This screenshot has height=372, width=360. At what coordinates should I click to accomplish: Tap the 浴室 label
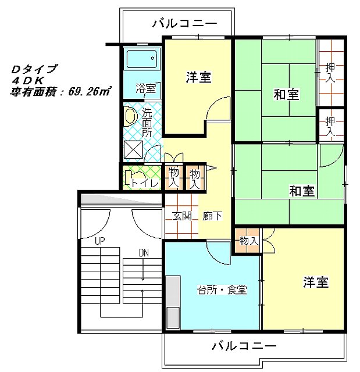[x=146, y=88]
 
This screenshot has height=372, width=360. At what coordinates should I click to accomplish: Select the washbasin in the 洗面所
[x=130, y=116]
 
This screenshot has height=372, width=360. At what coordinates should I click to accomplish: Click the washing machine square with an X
[x=134, y=149]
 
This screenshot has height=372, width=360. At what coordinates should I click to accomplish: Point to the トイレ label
[x=144, y=183]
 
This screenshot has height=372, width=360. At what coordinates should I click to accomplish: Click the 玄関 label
[x=181, y=216]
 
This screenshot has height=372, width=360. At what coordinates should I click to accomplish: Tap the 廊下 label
[x=212, y=216]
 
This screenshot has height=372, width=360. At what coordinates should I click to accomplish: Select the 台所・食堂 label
[x=222, y=289]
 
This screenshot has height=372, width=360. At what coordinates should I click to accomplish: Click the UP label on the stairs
[x=99, y=241]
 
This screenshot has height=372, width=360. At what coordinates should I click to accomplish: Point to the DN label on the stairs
[x=144, y=253]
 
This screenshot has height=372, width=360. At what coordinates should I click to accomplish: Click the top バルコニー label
[x=184, y=23]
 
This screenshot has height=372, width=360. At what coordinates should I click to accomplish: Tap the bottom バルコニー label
[x=244, y=346]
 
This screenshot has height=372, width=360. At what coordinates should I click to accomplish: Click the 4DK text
[x=28, y=81]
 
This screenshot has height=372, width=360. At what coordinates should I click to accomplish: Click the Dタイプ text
[x=34, y=69]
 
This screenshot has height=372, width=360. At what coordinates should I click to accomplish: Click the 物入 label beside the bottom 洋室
[x=248, y=241]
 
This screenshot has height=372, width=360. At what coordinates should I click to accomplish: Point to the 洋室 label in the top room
[x=198, y=77]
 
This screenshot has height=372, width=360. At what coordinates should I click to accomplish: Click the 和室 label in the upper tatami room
[x=286, y=94]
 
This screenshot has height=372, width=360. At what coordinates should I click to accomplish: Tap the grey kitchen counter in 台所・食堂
[x=173, y=302]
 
